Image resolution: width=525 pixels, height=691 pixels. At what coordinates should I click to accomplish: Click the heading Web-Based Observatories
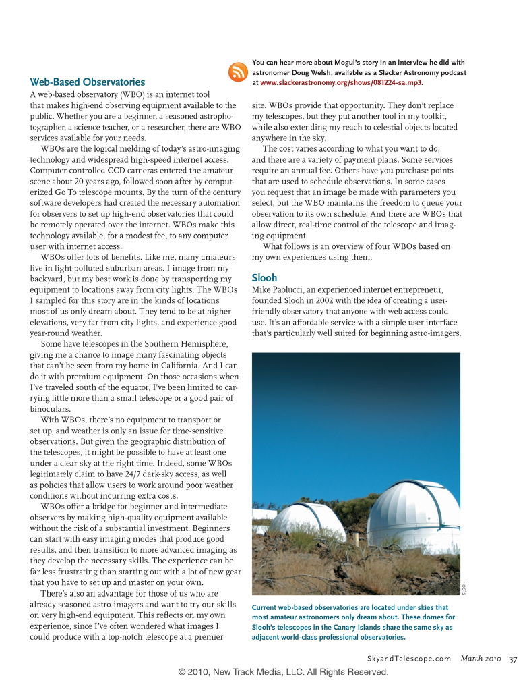[x=88, y=82]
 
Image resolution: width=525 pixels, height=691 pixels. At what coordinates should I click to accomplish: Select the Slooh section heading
[x=264, y=277]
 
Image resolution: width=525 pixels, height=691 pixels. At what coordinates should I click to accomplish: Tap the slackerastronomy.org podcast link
[x=342, y=82]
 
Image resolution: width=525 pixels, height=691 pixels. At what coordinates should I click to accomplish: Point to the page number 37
[x=514, y=659]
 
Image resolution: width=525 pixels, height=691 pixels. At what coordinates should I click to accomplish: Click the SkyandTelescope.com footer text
[x=409, y=659]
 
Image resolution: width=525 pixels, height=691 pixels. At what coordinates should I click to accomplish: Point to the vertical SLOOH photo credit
[x=464, y=587]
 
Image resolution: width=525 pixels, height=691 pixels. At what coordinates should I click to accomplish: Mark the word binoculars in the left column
[x=52, y=408]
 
